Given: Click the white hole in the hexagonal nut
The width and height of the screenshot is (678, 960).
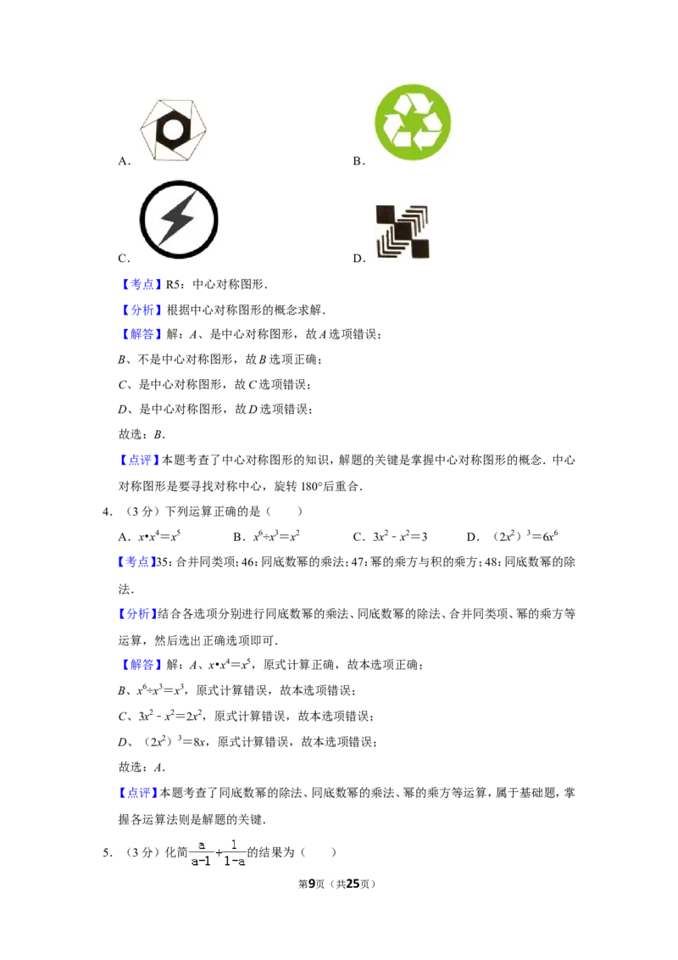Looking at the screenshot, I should [174, 129].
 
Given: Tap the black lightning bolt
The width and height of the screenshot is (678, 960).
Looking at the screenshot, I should [178, 220].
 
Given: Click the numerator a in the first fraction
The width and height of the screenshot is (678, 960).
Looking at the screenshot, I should [202, 846].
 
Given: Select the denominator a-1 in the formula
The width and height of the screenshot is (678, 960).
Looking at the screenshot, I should [202, 860].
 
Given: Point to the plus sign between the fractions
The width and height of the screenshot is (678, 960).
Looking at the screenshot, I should [219, 853].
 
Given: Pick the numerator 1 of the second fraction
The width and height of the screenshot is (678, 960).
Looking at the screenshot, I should [233, 846].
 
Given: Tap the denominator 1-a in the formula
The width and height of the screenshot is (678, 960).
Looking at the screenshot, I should [234, 860].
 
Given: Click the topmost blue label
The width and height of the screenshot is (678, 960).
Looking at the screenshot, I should [142, 285].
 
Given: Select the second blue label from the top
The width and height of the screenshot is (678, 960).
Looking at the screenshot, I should [142, 310].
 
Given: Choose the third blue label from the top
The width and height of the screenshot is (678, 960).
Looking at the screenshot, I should [142, 336].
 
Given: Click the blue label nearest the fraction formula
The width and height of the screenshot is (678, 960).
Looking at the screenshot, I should [137, 794].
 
